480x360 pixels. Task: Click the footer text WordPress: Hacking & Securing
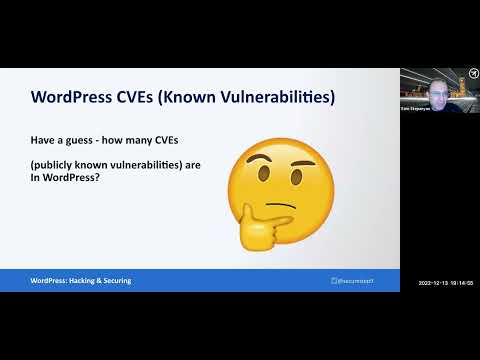pyautogui.click(x=80, y=281)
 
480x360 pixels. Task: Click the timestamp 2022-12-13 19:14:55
pyautogui.click(x=445, y=284)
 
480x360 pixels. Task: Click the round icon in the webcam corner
pyautogui.click(x=471, y=76)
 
